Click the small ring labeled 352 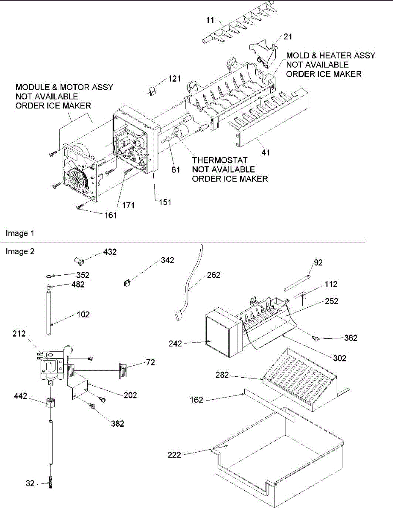tap(50, 276)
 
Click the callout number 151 tap(165, 202)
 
